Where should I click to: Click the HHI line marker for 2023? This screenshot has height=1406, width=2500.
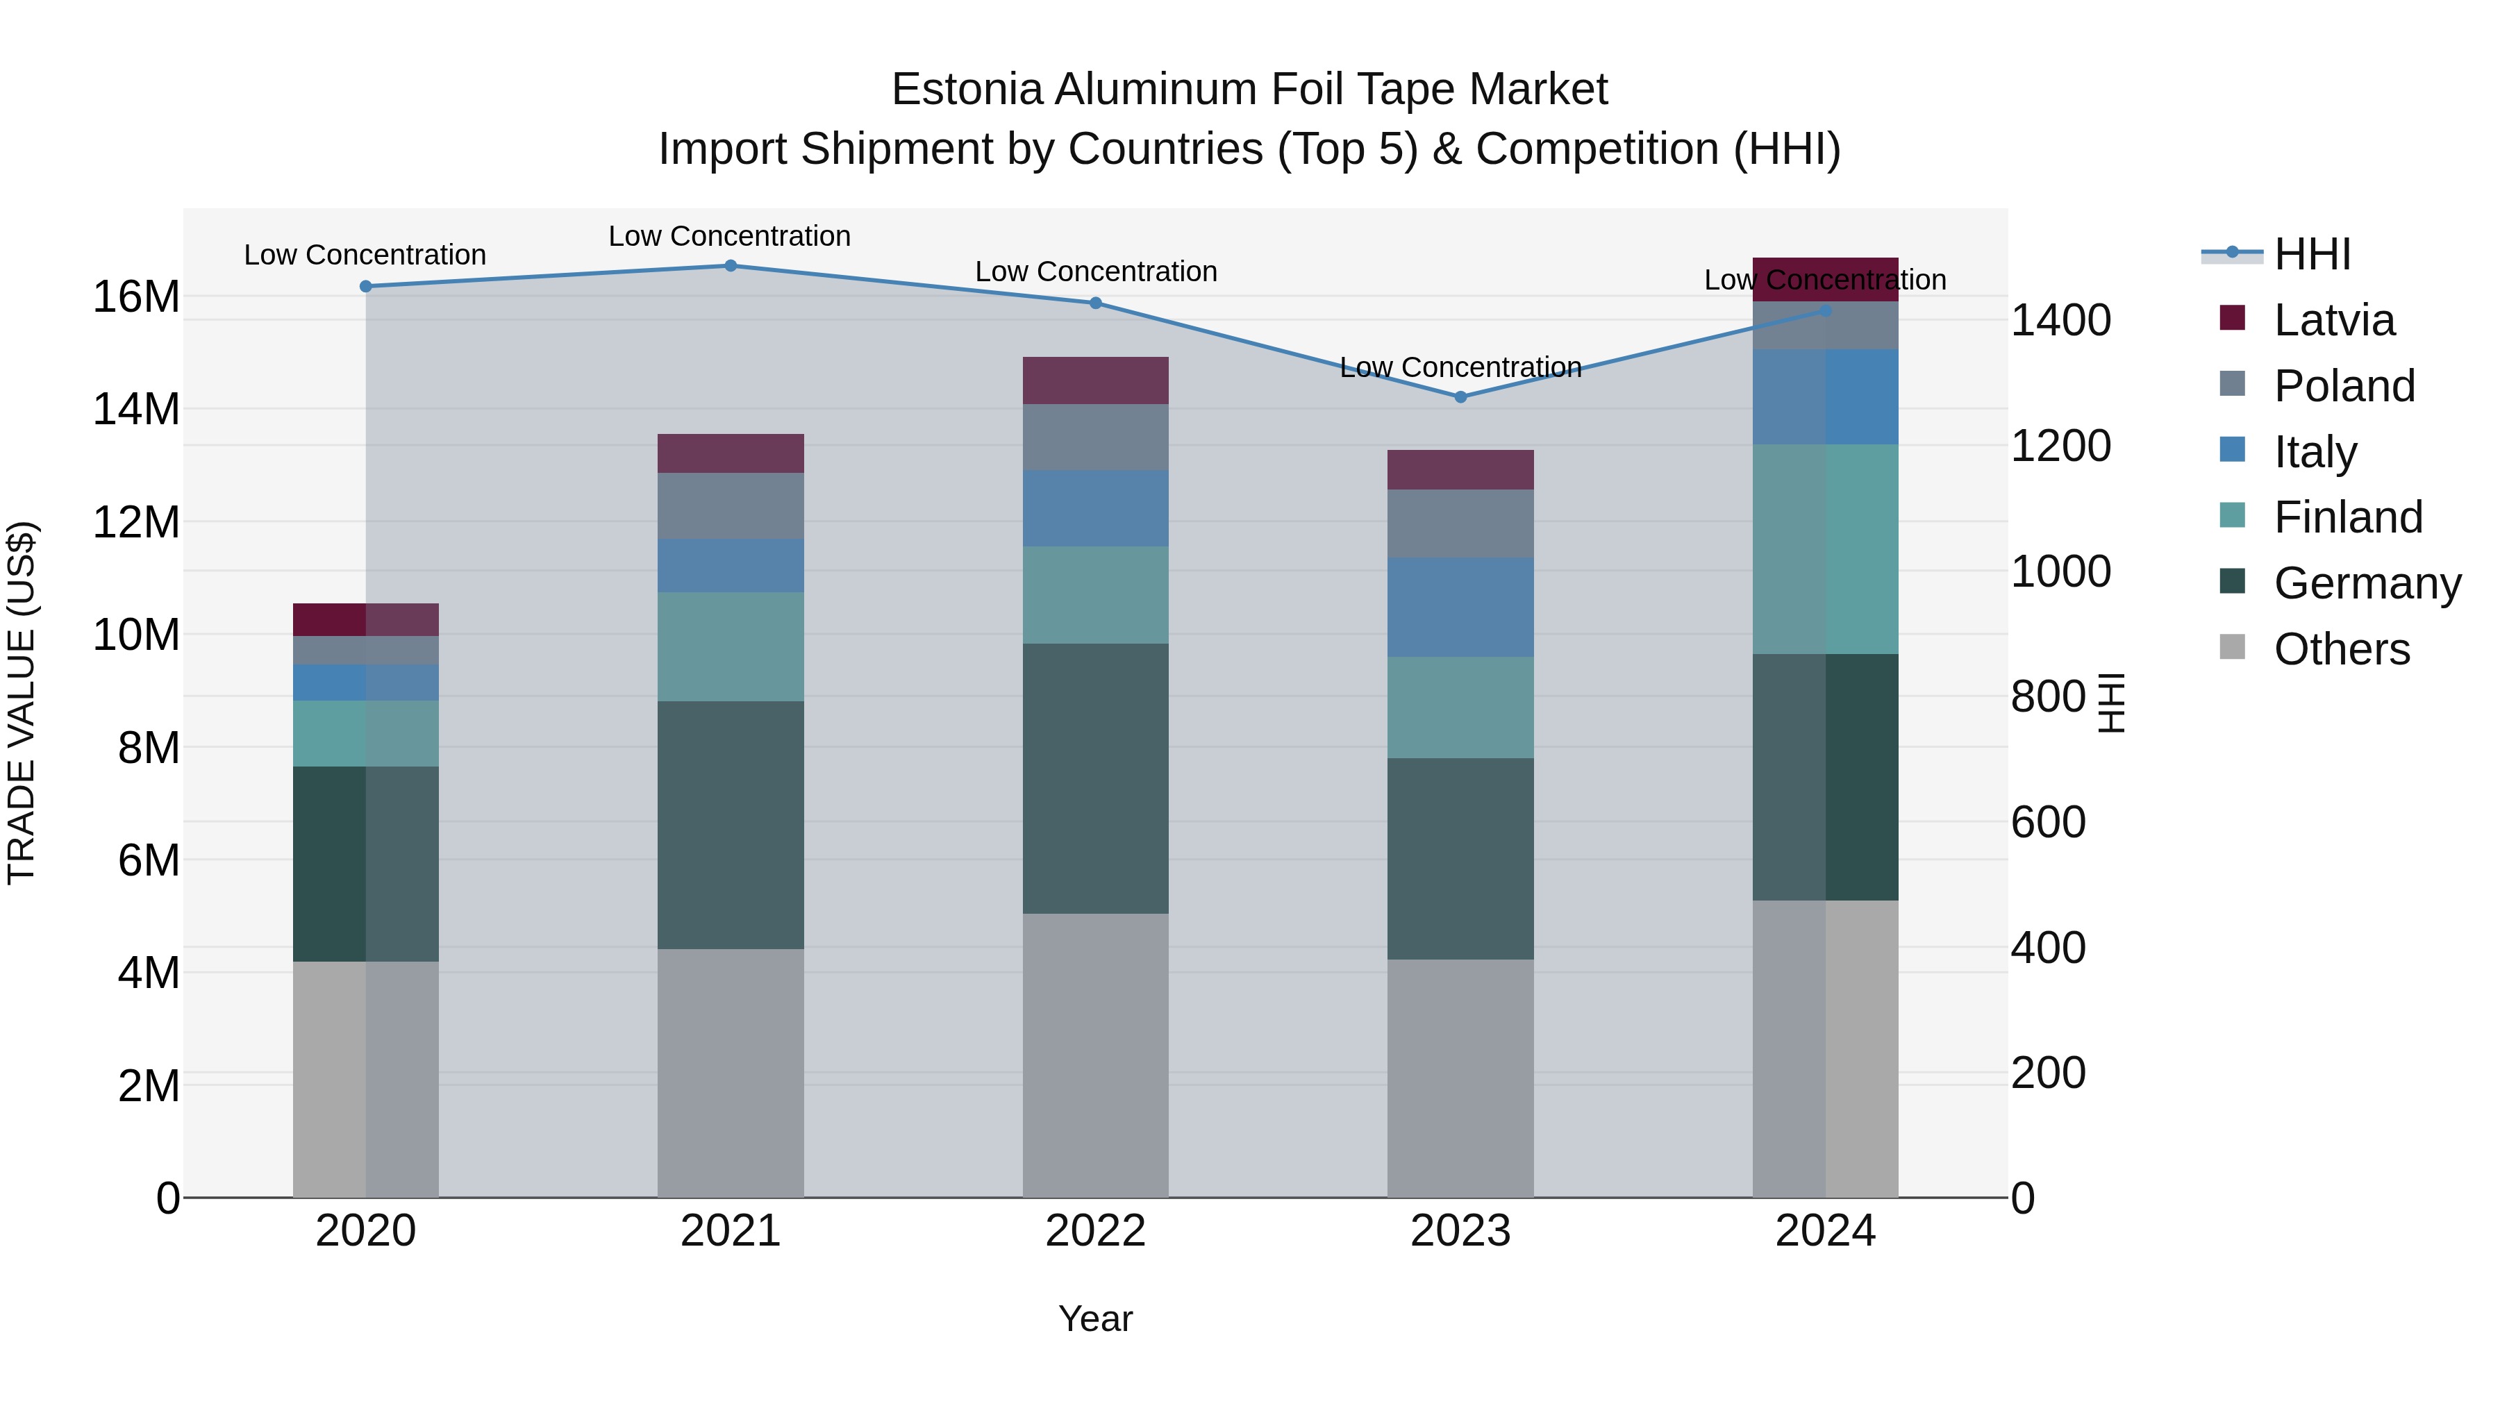(x=1460, y=397)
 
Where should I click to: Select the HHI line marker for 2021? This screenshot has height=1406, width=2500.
(x=731, y=266)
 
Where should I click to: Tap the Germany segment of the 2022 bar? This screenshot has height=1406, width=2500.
(x=1096, y=778)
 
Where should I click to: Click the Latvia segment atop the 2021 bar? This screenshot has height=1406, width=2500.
(x=731, y=453)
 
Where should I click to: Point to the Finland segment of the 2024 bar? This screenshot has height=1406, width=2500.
(x=1826, y=549)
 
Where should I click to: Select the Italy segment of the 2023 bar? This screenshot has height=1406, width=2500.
(x=1460, y=608)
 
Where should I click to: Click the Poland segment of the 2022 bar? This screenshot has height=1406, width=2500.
(x=1096, y=437)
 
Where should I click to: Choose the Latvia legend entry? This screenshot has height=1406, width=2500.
(x=2333, y=320)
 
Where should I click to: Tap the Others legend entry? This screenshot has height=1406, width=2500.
(x=2341, y=649)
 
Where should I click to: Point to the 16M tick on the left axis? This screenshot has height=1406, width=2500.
(x=136, y=297)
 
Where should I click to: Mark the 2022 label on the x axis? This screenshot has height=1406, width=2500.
(x=1096, y=1231)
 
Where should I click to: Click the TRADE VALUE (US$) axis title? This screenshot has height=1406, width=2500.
(x=22, y=703)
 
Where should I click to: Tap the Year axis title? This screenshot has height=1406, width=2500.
(x=1096, y=1319)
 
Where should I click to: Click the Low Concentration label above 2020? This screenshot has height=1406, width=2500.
(x=365, y=256)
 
